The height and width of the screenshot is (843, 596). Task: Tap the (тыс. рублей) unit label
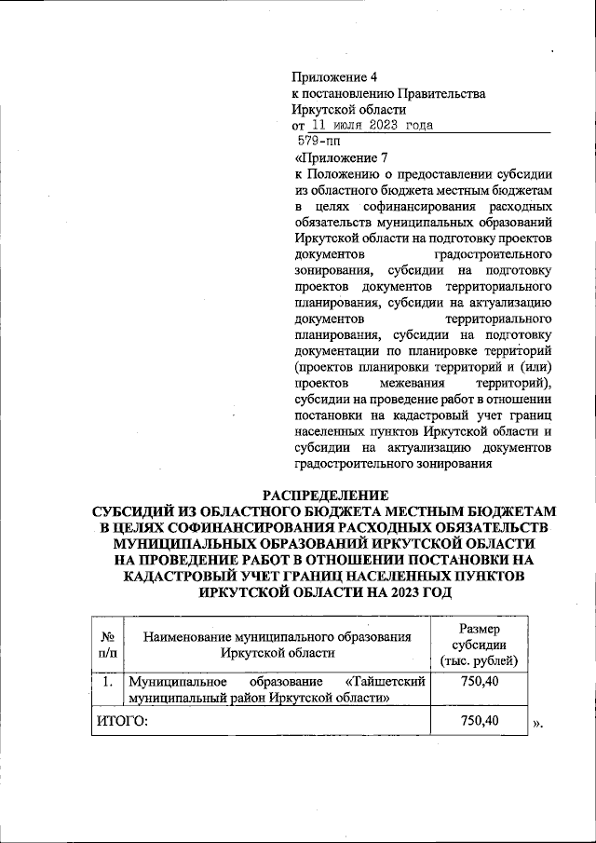[479, 660]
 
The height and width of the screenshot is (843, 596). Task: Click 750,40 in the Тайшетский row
[479, 683]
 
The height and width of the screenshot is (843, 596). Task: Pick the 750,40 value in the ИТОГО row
[479, 720]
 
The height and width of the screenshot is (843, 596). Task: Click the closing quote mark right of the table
[537, 723]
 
